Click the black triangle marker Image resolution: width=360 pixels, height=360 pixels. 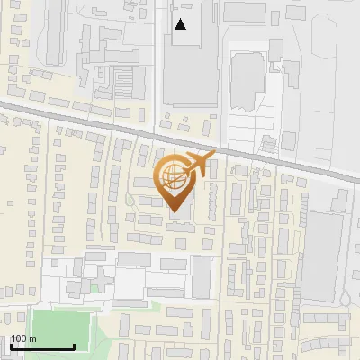pos(181,24)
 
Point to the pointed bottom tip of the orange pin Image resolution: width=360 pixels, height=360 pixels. pos(174,211)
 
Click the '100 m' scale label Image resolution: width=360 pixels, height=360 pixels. pos(24,338)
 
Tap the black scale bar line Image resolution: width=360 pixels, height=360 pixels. pos(42,346)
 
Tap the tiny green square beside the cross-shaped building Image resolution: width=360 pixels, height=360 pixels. pos(94,288)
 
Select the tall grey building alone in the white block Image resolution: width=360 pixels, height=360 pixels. pos(201,275)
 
